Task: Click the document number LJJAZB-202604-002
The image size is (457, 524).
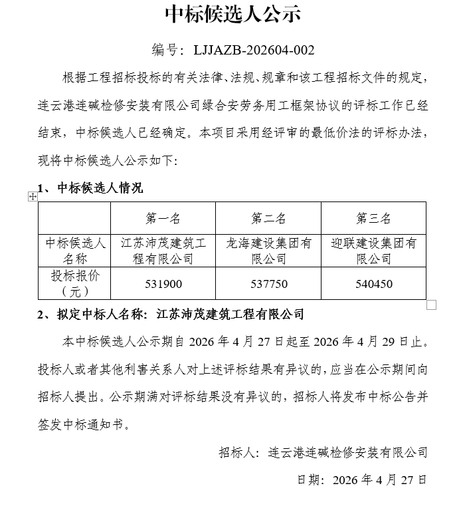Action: pyautogui.click(x=254, y=50)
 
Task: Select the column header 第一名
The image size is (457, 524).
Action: pyautogui.click(x=163, y=219)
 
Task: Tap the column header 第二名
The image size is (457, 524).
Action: pyautogui.click(x=268, y=219)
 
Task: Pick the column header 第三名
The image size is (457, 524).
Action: pyautogui.click(x=373, y=219)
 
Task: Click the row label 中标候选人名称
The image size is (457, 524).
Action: pyautogui.click(x=73, y=251)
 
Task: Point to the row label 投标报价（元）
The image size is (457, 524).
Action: pyautogui.click(x=73, y=283)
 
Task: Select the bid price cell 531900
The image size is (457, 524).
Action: pyautogui.click(x=163, y=284)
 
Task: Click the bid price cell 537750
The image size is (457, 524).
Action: pyautogui.click(x=268, y=284)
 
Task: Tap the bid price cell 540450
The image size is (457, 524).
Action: pyautogui.click(x=373, y=284)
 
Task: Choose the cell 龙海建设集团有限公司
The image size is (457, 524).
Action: pyautogui.click(x=268, y=251)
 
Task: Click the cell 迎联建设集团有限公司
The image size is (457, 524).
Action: pyautogui.click(x=373, y=251)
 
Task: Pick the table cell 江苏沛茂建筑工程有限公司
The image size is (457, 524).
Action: pyautogui.click(x=163, y=251)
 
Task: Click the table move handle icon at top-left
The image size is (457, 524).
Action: pyautogui.click(x=32, y=196)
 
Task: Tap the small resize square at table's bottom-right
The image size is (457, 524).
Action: pyautogui.click(x=431, y=305)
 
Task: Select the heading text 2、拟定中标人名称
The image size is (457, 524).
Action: pyautogui.click(x=93, y=313)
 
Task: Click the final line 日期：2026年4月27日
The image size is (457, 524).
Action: pyautogui.click(x=361, y=479)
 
